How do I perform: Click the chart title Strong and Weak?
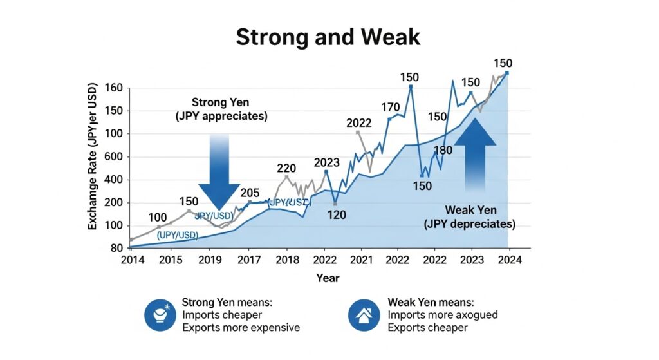tap(328, 37)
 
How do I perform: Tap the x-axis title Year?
tap(328, 278)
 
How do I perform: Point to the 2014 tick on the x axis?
tap(133, 260)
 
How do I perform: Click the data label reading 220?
tap(286, 169)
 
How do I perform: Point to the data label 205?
tap(250, 193)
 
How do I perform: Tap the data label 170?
tap(390, 107)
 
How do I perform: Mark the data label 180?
tap(443, 151)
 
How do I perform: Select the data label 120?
tap(337, 214)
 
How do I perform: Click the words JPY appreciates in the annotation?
tap(221, 117)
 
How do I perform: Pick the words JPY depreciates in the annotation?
tap(469, 224)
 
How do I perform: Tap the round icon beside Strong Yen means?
tap(160, 315)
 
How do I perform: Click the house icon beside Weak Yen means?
tap(364, 315)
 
